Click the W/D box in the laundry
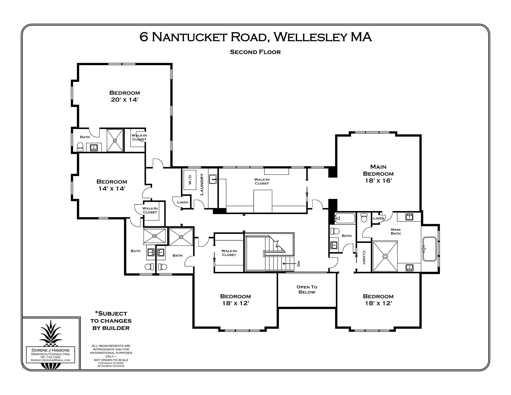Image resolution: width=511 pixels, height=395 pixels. click(x=190, y=180)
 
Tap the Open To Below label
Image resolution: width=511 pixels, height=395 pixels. click(x=307, y=289)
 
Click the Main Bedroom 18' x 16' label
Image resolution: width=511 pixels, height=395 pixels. click(x=378, y=174)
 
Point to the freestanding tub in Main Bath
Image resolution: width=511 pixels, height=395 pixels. click(x=430, y=249)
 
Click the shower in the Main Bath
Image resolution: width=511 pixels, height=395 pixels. click(x=385, y=256)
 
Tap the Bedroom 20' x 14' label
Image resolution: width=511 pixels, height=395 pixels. click(x=125, y=96)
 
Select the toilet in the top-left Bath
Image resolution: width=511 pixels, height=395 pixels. click(x=80, y=147)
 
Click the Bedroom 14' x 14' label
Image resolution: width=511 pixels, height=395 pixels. click(x=112, y=185)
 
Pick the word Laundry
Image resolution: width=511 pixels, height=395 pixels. click(x=202, y=184)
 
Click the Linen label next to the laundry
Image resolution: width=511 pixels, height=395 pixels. click(x=182, y=202)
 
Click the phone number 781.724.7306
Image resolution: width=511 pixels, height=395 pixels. click(x=50, y=357)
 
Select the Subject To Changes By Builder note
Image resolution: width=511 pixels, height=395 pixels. click(x=111, y=321)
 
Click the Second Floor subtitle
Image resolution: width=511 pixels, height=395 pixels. click(x=255, y=52)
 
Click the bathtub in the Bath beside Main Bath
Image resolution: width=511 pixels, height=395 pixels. click(x=345, y=218)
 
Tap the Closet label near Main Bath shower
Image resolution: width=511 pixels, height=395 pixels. click(x=364, y=258)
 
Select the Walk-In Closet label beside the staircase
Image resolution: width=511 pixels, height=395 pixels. click(x=229, y=253)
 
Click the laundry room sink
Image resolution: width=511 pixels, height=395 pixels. click(x=213, y=179)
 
